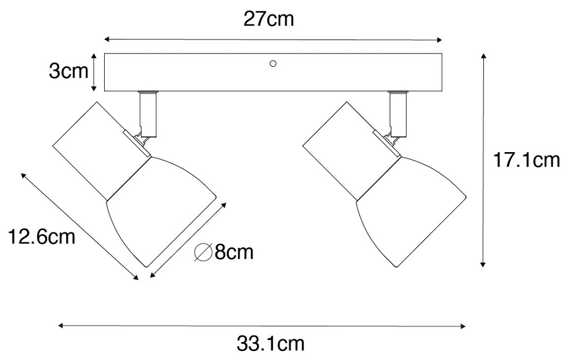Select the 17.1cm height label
(x=526, y=160)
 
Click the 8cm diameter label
(x=233, y=252)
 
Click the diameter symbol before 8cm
(x=202, y=253)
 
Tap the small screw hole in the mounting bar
(x=273, y=64)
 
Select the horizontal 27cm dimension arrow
(x=273, y=40)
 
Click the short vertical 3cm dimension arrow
(x=95, y=72)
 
